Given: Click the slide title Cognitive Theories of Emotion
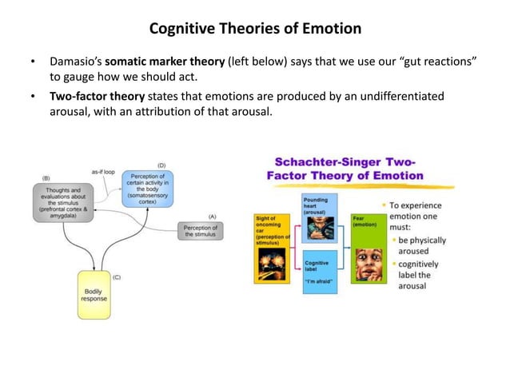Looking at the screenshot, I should pyautogui.click(x=255, y=29).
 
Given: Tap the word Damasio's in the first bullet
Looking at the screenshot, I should pyautogui.click(x=75, y=61).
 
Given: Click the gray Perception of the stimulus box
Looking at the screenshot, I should pyautogui.click(x=201, y=231).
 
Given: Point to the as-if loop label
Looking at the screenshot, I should pyautogui.click(x=103, y=172).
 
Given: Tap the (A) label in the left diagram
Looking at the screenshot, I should pyautogui.click(x=212, y=216).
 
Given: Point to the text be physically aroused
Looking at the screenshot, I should pyautogui.click(x=422, y=245).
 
